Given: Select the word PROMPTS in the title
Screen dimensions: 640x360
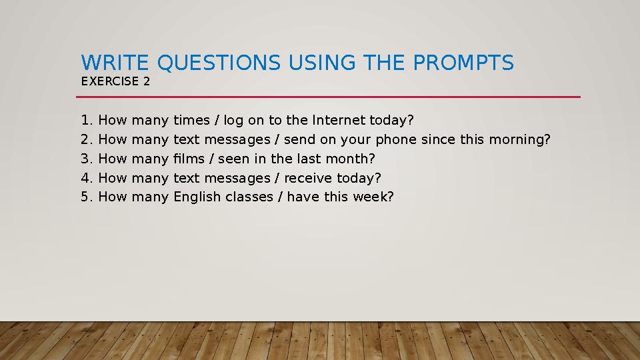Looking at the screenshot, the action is (463, 63).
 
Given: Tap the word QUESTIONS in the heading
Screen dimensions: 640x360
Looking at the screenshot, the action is (219, 63).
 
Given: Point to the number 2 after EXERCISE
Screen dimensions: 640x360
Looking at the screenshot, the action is (147, 81).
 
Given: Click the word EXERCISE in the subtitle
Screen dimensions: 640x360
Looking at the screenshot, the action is (110, 81).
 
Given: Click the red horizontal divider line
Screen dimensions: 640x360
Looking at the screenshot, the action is (328, 97).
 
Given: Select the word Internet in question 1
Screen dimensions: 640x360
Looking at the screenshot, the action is (339, 120).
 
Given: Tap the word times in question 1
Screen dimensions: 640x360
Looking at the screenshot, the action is (191, 120).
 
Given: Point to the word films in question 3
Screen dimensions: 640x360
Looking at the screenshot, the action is (189, 159).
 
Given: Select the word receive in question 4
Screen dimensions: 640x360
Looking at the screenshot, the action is (308, 178).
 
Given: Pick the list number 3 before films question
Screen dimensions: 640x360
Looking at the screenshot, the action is (85, 159).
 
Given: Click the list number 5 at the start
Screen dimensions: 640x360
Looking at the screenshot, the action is (85, 197).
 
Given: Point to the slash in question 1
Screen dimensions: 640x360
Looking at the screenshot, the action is (217, 120).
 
